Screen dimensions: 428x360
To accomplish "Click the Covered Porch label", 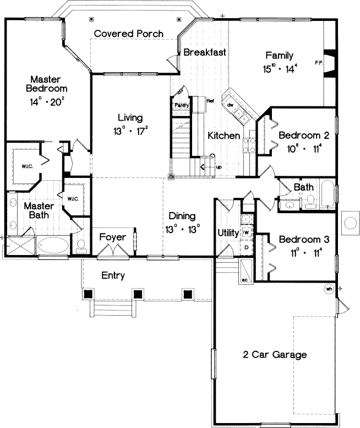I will coord(128,34).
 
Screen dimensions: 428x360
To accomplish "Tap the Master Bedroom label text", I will coord(48,84).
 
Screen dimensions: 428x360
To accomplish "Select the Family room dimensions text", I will coord(280,69).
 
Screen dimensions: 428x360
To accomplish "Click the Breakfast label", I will coord(205,53).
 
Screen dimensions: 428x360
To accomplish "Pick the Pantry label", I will coord(182,105).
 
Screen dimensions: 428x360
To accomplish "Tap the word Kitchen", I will coord(223,136).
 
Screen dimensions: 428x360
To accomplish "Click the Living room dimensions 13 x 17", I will coord(130,131).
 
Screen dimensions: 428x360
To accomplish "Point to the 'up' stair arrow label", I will coord(219,166).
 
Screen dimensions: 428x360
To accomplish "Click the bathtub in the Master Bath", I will coord(53,244).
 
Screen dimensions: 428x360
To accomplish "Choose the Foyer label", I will coord(112,237).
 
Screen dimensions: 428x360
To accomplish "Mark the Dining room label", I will coord(182,216).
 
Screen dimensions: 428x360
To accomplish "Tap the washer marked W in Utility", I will coord(246,233).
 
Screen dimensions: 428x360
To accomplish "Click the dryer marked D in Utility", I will coord(246,247).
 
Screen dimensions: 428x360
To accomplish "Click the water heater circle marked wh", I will coord(329,289).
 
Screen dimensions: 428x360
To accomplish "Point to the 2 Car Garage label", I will coord(275,355).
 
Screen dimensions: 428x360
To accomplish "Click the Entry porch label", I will coord(113,275).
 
